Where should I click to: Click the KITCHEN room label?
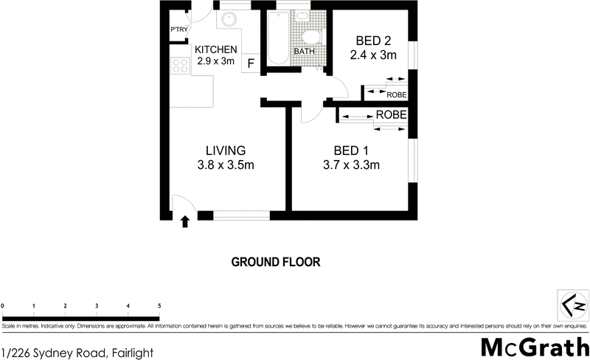pos(216,49)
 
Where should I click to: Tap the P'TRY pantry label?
pos(180,30)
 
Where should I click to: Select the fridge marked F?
pos(251,63)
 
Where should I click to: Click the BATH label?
pos(304,52)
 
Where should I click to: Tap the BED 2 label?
pos(372,41)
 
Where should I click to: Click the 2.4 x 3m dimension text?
pos(372,55)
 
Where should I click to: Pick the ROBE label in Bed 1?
pos(392,116)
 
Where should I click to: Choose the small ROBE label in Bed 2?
pos(397,94)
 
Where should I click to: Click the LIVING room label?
pos(225,151)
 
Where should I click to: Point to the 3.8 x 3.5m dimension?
pos(225,165)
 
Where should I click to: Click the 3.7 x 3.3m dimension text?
pos(351,165)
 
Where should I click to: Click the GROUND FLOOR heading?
pos(276,262)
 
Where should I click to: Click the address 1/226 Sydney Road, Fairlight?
pos(77,353)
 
